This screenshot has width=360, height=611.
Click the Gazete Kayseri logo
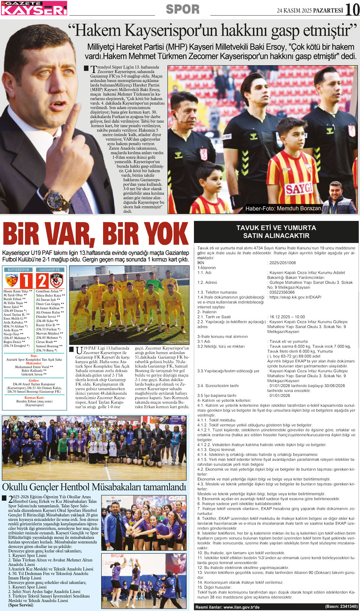click(34, 8)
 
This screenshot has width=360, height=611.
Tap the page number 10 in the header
click(352, 9)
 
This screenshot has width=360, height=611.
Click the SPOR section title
click(182, 9)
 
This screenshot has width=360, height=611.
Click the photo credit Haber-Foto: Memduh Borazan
click(283, 208)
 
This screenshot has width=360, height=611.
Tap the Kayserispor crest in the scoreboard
click(12, 281)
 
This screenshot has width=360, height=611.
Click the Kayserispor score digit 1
click(26, 281)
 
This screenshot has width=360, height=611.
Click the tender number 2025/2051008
click(283, 263)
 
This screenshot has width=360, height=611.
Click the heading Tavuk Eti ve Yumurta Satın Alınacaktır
click(276, 232)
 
